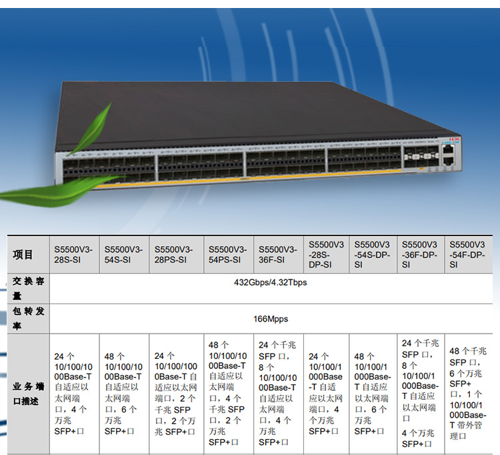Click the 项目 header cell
24,254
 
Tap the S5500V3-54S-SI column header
124,254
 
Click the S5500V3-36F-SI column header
278,254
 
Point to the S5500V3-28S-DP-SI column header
327,254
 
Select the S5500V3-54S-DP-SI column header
373,254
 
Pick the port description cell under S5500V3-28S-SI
74,394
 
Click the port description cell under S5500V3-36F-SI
278,394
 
